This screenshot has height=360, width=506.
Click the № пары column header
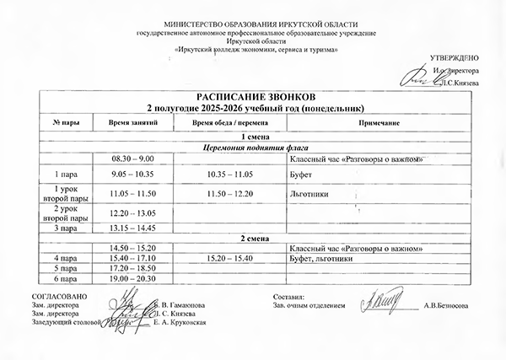(x=66, y=123)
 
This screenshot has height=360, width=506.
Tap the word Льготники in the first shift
(x=308, y=193)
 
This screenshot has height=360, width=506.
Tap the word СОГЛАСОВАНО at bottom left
(x=55, y=298)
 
